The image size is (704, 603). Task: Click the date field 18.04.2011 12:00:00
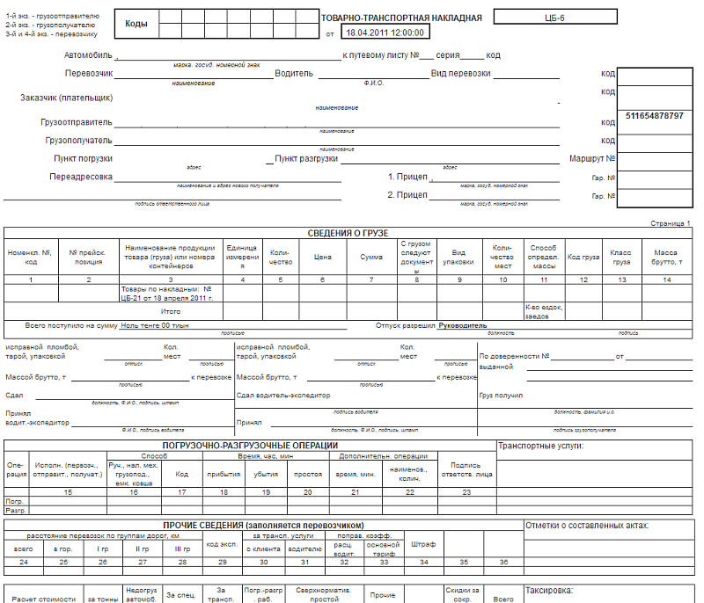pyautogui.click(x=385, y=33)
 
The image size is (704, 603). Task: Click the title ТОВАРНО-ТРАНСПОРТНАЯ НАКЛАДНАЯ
pyautogui.click(x=401, y=18)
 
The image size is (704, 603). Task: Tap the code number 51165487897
pyautogui.click(x=655, y=116)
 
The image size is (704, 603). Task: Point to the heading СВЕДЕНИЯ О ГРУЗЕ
pyautogui.click(x=347, y=233)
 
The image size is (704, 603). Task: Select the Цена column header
pyautogui.click(x=322, y=258)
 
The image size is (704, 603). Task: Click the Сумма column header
pyautogui.click(x=371, y=258)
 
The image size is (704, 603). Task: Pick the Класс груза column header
pyautogui.click(x=621, y=258)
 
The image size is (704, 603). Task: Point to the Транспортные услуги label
pyautogui.click(x=541, y=445)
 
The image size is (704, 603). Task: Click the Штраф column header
pyautogui.click(x=423, y=544)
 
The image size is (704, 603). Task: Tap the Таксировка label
pyautogui.click(x=548, y=591)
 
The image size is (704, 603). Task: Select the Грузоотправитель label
pyautogui.click(x=76, y=123)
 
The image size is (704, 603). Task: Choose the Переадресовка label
pyautogui.click(x=81, y=176)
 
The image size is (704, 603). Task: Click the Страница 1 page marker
pyautogui.click(x=671, y=223)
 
